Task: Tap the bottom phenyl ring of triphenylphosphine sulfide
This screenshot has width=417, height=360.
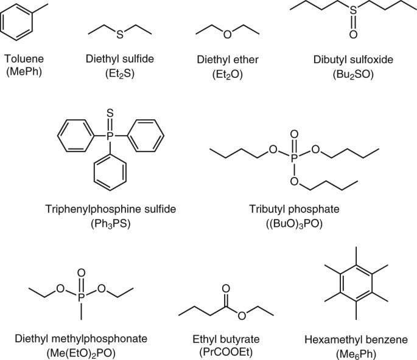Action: [x=110, y=171]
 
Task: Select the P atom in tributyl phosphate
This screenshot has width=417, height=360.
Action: [x=294, y=157]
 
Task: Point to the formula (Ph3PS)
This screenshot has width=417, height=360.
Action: [x=110, y=223]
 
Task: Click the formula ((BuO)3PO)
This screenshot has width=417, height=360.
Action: [x=294, y=224]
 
